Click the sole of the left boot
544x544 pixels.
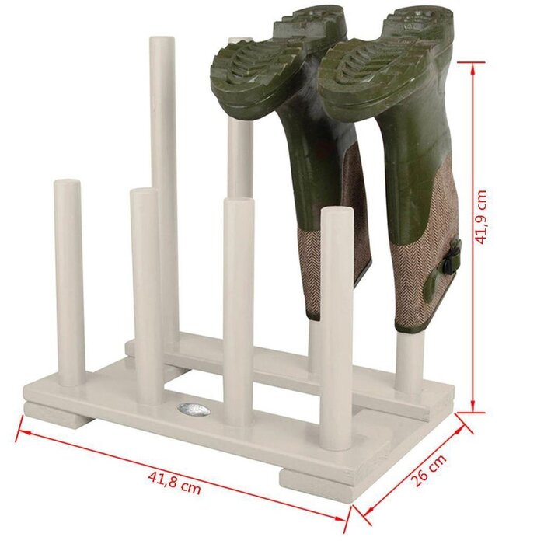coord(260,66)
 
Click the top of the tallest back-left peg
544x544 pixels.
coord(162,43)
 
